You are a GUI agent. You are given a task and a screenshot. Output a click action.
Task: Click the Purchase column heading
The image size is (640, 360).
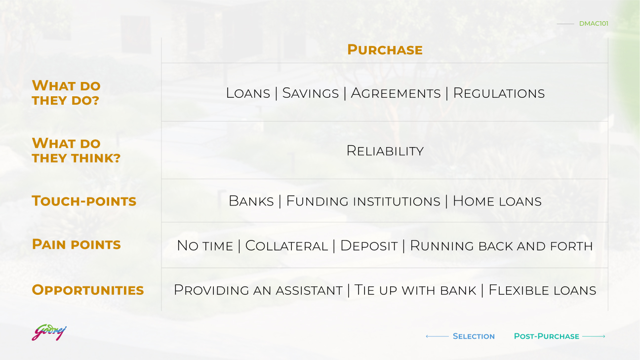(x=385, y=50)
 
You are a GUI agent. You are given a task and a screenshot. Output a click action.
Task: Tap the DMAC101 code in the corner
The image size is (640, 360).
(x=594, y=23)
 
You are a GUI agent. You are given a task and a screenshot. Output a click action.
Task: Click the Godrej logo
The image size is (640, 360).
(x=49, y=332)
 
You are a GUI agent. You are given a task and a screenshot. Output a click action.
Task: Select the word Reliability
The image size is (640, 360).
(x=385, y=151)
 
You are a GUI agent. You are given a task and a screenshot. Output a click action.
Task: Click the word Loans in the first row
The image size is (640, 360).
(x=248, y=93)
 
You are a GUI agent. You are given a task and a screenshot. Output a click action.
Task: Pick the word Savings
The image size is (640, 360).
(x=311, y=93)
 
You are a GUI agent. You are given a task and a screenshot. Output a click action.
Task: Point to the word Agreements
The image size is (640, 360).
(x=396, y=93)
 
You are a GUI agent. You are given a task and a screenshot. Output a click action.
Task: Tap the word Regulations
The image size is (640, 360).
(x=499, y=93)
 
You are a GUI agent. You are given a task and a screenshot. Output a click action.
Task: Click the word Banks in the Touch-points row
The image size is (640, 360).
(x=251, y=201)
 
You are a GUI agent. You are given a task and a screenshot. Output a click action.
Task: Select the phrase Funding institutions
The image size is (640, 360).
(x=363, y=201)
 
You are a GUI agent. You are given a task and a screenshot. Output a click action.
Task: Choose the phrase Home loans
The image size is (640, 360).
(x=497, y=201)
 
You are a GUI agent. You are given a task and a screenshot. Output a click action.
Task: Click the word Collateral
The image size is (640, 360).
(x=286, y=246)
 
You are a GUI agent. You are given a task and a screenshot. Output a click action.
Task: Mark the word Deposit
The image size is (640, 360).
(x=369, y=246)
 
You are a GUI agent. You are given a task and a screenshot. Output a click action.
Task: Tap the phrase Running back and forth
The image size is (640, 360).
(x=501, y=246)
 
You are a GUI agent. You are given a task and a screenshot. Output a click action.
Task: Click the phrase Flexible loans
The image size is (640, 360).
(x=542, y=290)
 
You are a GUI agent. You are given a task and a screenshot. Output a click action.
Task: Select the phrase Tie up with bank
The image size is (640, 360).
(x=415, y=290)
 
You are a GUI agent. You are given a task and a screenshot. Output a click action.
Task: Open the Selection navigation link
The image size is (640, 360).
(x=474, y=336)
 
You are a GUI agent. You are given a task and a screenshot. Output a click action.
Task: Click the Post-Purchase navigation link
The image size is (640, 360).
(x=546, y=336)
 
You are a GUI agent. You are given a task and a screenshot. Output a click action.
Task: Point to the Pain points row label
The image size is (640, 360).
(x=76, y=244)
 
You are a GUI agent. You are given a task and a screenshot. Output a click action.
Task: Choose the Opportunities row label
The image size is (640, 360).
(x=88, y=290)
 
